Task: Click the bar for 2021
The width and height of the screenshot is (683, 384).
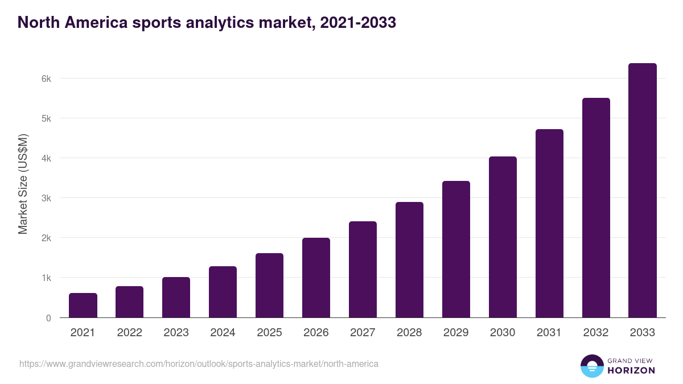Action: click(x=83, y=305)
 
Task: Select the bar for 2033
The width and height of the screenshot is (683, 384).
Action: click(x=643, y=191)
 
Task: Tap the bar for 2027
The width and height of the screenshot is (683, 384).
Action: click(x=363, y=270)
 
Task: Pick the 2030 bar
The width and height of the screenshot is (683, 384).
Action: click(x=503, y=237)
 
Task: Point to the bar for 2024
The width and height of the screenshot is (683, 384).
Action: click(x=223, y=292)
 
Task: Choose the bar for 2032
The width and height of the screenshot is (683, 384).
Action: click(x=596, y=208)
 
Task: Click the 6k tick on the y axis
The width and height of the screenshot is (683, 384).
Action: click(x=46, y=79)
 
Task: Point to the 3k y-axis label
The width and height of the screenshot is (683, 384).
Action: click(x=46, y=198)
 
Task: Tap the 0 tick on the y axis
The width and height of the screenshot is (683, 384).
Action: click(x=48, y=318)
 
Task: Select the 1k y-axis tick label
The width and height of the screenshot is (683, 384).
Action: click(x=46, y=278)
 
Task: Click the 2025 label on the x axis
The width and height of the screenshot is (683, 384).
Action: click(x=269, y=333)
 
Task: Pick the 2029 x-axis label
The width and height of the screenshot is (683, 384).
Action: click(x=456, y=333)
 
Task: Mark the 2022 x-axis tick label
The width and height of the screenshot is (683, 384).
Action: click(x=129, y=333)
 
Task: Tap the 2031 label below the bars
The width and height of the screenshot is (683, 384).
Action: click(x=549, y=333)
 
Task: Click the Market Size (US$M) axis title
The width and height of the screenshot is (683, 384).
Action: click(x=23, y=183)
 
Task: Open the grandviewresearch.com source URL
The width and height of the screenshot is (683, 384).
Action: click(x=199, y=364)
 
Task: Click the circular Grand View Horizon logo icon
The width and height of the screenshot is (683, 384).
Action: click(x=591, y=366)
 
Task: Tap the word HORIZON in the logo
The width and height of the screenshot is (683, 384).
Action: click(x=631, y=370)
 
